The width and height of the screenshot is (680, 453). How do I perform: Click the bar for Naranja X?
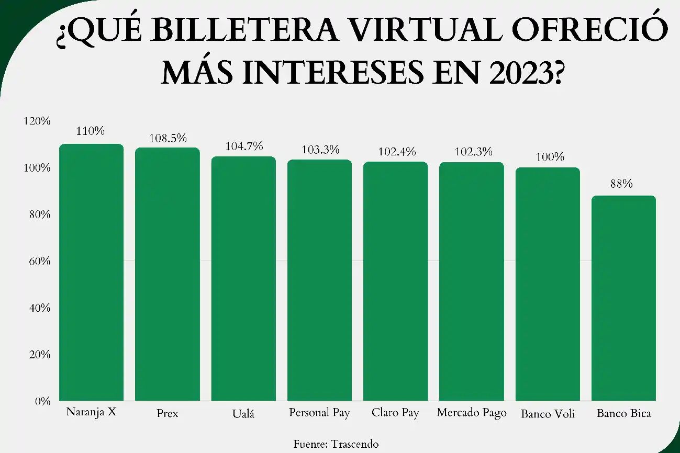click(91, 272)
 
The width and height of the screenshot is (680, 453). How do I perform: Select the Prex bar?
click(168, 274)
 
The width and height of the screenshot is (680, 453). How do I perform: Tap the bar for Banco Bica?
click(623, 298)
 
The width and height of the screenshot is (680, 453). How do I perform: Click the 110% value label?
click(90, 131)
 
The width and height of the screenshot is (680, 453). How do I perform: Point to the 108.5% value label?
click(168, 139)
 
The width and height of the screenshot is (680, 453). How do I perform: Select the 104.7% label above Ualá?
click(244, 146)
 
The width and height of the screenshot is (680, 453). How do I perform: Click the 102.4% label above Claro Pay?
click(396, 152)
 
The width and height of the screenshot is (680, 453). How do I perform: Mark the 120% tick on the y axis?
click(37, 121)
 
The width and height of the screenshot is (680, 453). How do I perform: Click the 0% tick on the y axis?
click(42, 401)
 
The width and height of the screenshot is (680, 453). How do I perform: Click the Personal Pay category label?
click(319, 413)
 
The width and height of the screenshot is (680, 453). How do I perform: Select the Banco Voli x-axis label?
click(548, 414)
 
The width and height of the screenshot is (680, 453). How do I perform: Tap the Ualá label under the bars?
click(243, 414)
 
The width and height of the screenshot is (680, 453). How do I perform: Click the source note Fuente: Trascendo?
click(336, 444)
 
